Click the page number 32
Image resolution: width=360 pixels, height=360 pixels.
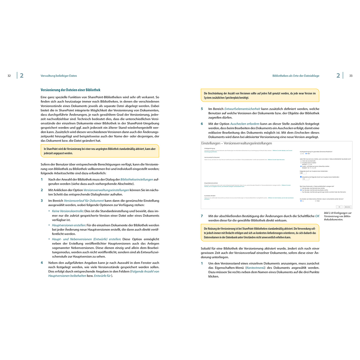click(9, 76)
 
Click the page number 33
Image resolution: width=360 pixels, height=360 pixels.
click(351, 76)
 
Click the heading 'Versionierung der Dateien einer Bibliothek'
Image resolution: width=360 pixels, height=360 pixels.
click(70, 90)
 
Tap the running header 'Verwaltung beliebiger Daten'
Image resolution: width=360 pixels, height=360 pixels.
click(59, 76)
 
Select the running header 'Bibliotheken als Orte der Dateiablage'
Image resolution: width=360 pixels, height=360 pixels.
click(296, 76)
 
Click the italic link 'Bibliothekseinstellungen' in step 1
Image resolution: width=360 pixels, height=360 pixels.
click(137, 179)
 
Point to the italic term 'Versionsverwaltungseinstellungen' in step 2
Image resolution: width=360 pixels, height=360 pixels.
click(106, 190)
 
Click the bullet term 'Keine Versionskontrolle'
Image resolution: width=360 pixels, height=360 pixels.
click(67, 211)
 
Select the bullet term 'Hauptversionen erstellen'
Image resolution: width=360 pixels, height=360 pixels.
click(69, 225)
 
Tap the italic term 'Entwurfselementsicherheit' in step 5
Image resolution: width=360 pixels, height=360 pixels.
click(242, 109)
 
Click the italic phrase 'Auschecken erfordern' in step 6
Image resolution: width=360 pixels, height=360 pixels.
click(245, 124)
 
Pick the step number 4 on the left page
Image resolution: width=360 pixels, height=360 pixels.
click(42, 263)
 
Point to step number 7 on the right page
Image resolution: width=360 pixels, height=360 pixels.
click(202, 216)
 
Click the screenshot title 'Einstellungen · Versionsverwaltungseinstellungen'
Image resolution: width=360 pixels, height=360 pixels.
click(237, 143)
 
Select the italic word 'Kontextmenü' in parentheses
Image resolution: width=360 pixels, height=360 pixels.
click(255, 268)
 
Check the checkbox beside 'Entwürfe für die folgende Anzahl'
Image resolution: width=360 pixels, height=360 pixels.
click(301, 177)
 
